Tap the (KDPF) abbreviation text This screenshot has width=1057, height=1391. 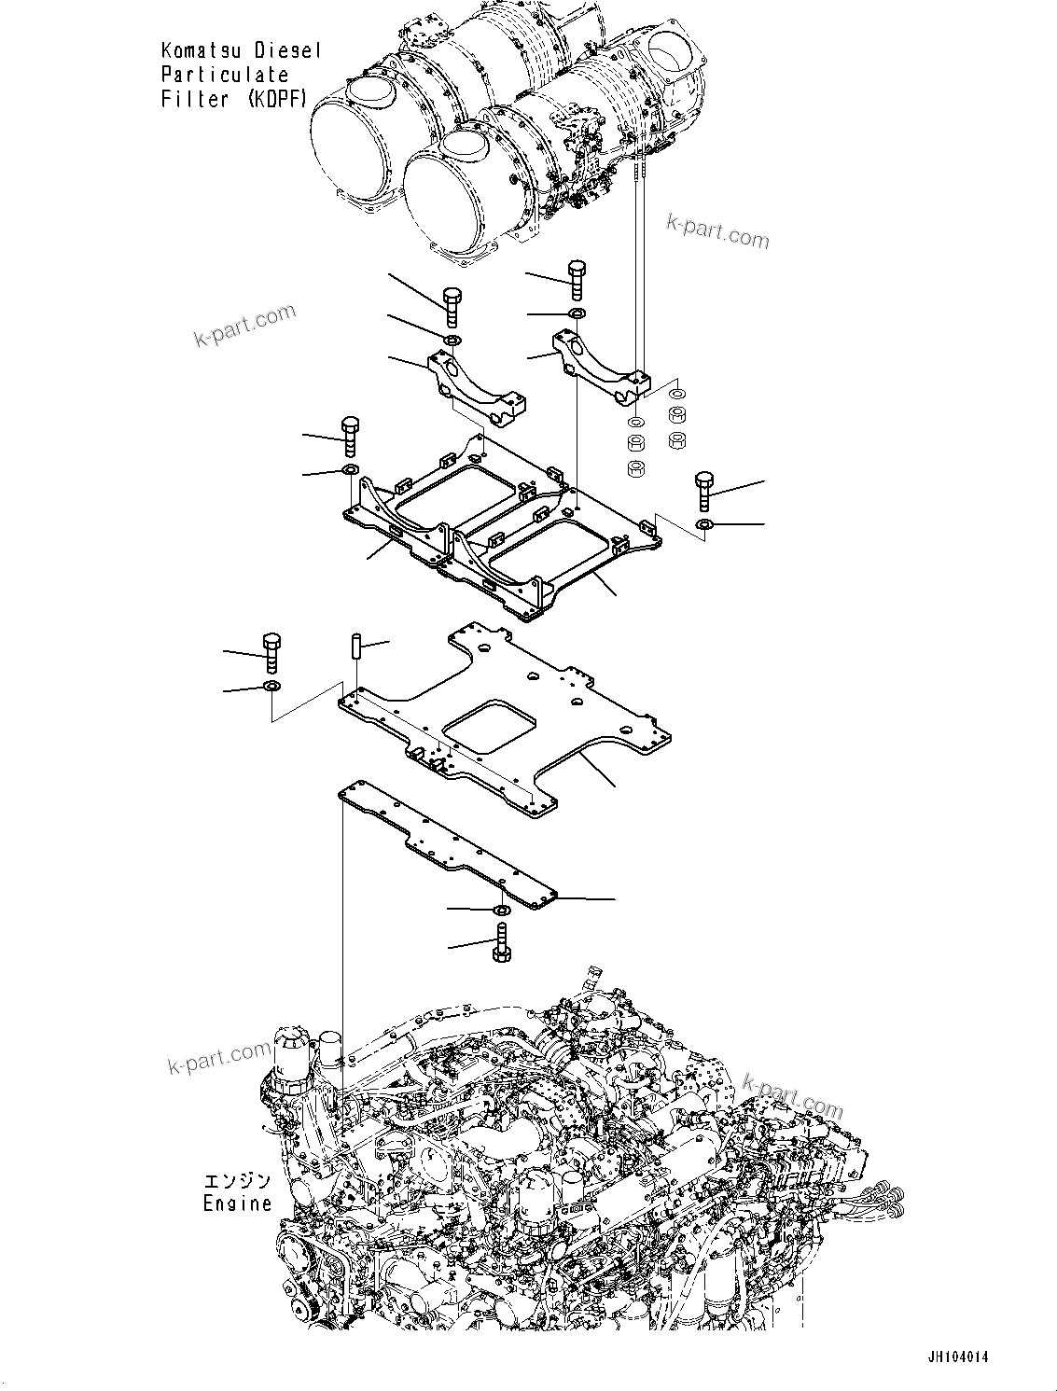277,99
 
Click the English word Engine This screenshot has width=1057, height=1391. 237,1203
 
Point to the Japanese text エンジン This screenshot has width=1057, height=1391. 237,1182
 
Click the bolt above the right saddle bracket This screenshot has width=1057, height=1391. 576,277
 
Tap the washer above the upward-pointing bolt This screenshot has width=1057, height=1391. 502,909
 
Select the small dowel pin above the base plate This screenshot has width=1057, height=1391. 355,647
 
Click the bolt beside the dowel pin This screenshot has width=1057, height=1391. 271,652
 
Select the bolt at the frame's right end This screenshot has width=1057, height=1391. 704,491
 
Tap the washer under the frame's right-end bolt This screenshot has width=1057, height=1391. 704,525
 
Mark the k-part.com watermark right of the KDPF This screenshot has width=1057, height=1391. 717,230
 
